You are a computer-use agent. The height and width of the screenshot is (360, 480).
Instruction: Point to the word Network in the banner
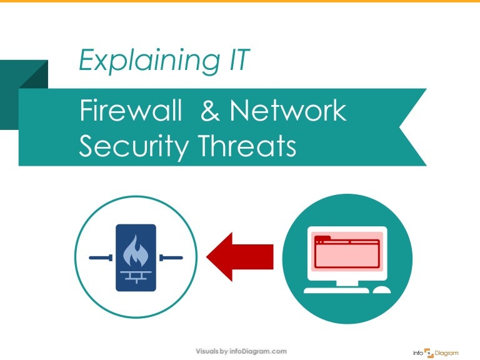287,111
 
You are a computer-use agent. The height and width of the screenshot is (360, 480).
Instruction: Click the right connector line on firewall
171,257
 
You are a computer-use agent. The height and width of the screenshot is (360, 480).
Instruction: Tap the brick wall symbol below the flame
136,276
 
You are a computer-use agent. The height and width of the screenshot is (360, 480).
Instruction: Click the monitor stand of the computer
347,282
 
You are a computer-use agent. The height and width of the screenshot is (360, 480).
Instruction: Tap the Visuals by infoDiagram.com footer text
241,351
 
